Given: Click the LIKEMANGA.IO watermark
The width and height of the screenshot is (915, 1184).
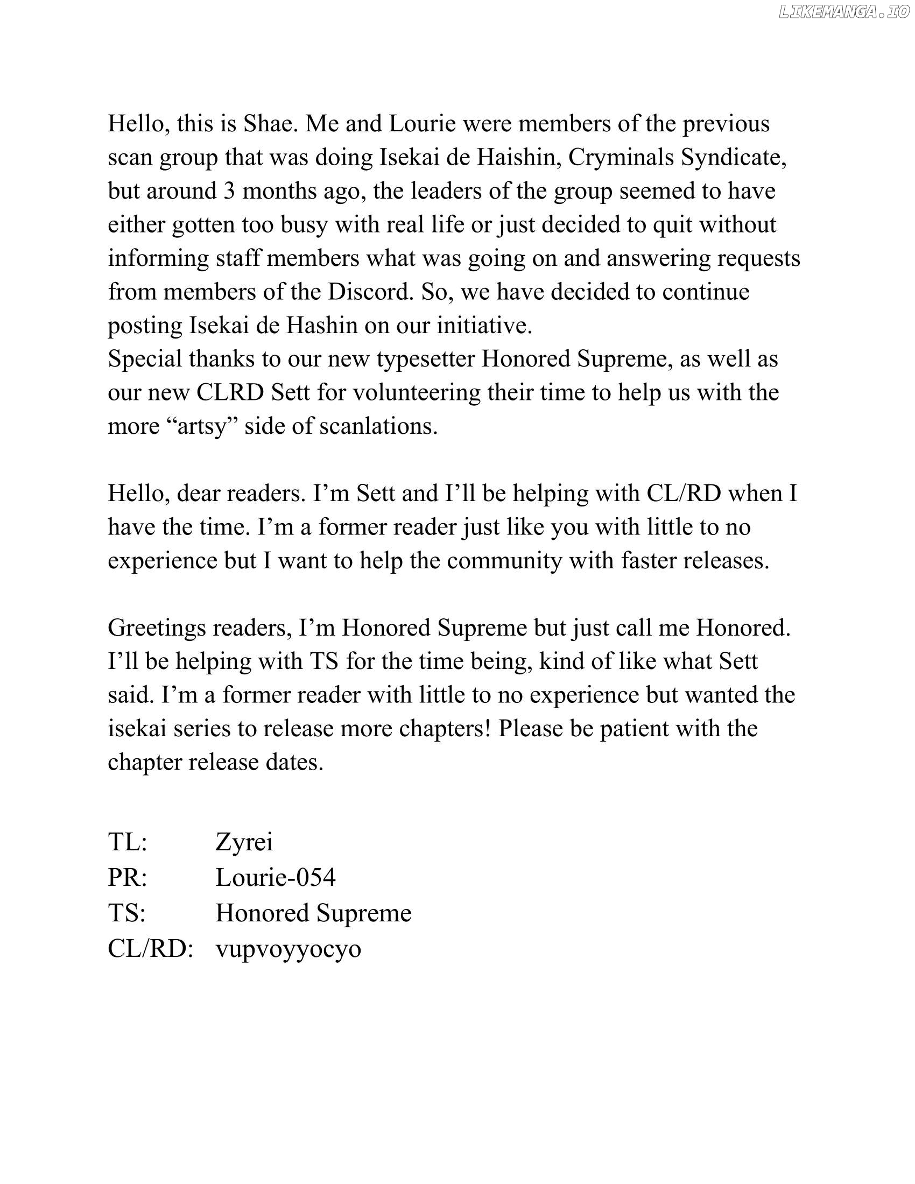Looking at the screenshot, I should (843, 12).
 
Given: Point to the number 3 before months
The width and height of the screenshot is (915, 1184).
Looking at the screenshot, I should (229, 191).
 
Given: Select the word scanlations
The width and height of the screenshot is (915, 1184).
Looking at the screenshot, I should (378, 426).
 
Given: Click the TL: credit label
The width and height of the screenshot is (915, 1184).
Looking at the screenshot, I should (128, 841).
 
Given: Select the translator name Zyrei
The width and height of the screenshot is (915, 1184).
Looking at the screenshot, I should (244, 841).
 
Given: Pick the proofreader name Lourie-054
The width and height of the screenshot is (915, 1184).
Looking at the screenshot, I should (276, 877).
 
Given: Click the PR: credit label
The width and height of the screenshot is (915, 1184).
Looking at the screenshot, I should (128, 877).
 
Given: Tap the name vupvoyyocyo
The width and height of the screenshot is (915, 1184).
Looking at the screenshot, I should (288, 949).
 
